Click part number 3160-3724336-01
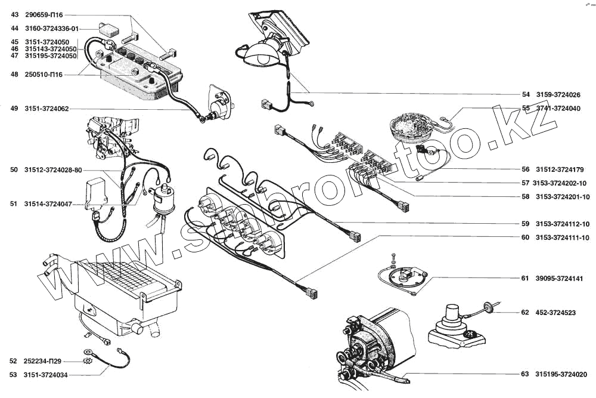tap(52, 27)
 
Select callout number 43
tap(14, 14)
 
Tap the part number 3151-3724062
tap(46, 109)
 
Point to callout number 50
tap(14, 170)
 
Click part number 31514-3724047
tap(48, 204)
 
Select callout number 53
tap(13, 375)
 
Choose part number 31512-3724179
tap(560, 169)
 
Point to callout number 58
tap(525, 197)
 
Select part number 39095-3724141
tap(560, 278)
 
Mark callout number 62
tap(525, 312)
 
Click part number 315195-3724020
tap(561, 375)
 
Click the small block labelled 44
tap(110, 27)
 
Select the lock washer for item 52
tap(89, 361)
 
